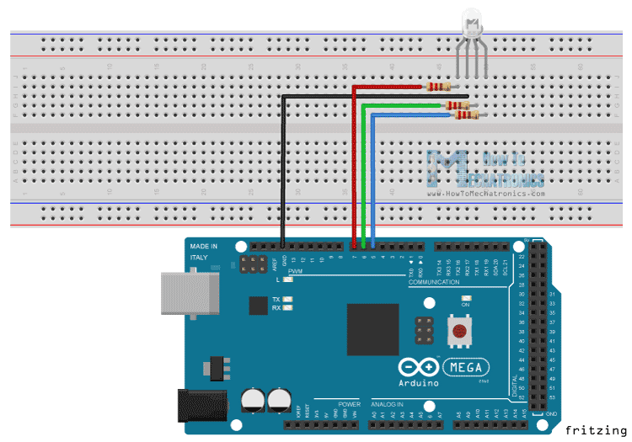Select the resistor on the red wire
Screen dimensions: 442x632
pyautogui.click(x=439, y=85)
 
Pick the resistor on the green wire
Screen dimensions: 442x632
pyautogui.click(x=456, y=105)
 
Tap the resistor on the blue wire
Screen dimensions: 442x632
pyautogui.click(x=464, y=115)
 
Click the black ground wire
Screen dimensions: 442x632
pyautogui.click(x=283, y=168)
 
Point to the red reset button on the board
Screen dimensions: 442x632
pyautogui.click(x=459, y=332)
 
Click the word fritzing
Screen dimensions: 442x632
pyautogui.click(x=597, y=430)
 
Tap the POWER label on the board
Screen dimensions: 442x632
pyautogui.click(x=350, y=405)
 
